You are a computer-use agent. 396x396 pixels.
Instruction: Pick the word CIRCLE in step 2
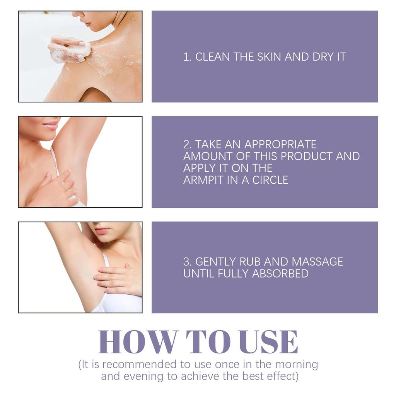[x=270, y=180]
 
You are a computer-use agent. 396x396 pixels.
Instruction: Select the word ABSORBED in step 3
[x=280, y=273]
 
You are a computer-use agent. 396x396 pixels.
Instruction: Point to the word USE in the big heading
[x=268, y=342]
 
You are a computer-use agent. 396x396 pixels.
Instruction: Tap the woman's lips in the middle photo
[x=50, y=125]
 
